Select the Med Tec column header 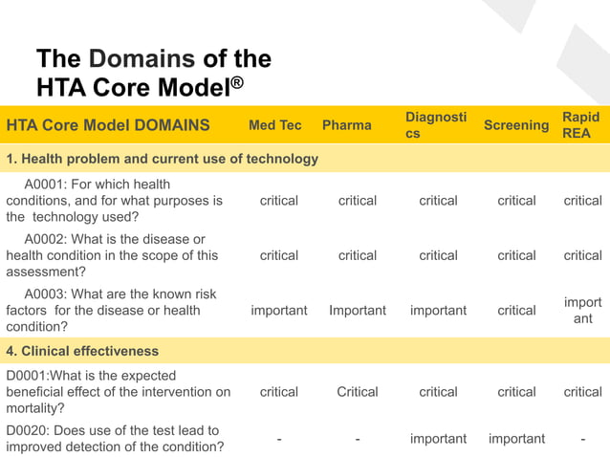[274, 126]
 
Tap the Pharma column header [346, 126]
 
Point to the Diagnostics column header [436, 126]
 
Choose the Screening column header [516, 126]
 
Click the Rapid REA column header [580, 126]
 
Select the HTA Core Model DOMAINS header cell [108, 126]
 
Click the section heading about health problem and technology [163, 159]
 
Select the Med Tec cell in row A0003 [279, 311]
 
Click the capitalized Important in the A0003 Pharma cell [358, 311]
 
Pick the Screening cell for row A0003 [516, 311]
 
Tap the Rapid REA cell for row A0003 [582, 311]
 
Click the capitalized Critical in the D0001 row [358, 392]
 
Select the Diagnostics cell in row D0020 [438, 439]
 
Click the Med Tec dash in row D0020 [279, 440]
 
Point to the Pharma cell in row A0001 [358, 201]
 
